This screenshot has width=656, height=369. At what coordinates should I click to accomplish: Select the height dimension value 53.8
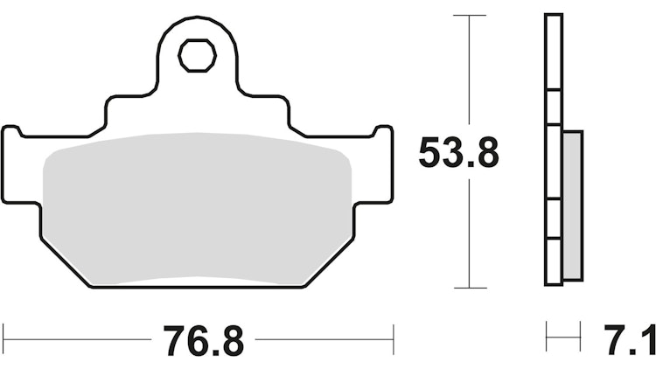458,154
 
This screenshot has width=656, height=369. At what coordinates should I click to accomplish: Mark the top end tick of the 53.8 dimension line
471,15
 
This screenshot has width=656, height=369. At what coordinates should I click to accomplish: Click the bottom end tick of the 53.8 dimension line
471,288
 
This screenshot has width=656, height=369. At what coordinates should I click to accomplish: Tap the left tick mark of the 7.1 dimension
546,336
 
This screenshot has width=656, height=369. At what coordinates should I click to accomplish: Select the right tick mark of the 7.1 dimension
581,336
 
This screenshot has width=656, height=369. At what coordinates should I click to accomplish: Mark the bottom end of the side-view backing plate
553,283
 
